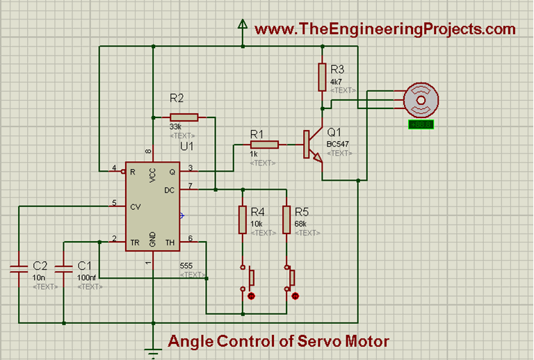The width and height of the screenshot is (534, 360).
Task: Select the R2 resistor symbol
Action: (184, 117)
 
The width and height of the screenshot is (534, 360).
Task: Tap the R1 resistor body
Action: (264, 145)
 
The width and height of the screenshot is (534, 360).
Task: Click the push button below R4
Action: (246, 279)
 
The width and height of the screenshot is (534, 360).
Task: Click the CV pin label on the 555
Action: (136, 206)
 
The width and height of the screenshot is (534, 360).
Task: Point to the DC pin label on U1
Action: (168, 188)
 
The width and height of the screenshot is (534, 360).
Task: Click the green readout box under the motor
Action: (421, 125)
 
